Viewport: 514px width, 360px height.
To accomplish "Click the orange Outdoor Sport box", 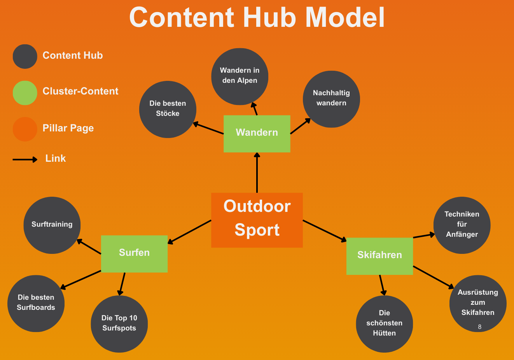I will [257, 220].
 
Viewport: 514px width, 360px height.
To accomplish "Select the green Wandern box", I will [257, 133].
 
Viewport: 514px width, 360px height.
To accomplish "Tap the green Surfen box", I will [134, 253].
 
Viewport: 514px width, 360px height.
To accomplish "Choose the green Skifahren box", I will [379, 256].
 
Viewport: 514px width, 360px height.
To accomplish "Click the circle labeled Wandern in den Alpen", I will [240, 76].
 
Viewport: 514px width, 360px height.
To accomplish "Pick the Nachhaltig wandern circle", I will [331, 99].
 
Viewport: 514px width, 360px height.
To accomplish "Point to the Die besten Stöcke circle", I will [168, 109].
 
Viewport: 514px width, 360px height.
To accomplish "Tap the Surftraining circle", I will [52, 225].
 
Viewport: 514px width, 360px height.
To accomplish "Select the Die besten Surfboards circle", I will [36, 303].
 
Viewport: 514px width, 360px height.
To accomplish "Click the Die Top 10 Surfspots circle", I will [119, 324].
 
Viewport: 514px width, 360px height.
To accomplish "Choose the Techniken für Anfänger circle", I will [462, 225].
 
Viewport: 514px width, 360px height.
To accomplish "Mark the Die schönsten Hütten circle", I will [384, 324].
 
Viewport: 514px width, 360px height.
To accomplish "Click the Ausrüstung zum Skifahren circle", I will [478, 303].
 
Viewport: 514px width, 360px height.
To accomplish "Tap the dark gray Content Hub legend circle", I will [25, 56].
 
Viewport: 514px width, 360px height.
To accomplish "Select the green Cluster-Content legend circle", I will [25, 93].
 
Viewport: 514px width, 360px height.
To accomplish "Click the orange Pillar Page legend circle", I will [25, 129].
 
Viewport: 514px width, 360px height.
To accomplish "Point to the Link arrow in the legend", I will [25, 159].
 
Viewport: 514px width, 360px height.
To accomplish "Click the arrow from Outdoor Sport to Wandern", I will [257, 173].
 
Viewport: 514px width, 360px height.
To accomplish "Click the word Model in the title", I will [345, 17].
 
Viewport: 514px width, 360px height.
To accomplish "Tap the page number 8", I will [479, 327].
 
